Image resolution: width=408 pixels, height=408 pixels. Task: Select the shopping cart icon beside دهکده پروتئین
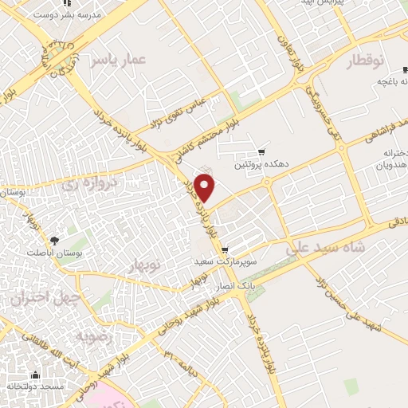(261, 152)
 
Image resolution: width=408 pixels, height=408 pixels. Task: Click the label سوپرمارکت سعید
(225, 261)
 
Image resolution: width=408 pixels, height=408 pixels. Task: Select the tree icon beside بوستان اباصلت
(54, 239)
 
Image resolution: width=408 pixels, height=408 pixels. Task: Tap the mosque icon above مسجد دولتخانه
(35, 374)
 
